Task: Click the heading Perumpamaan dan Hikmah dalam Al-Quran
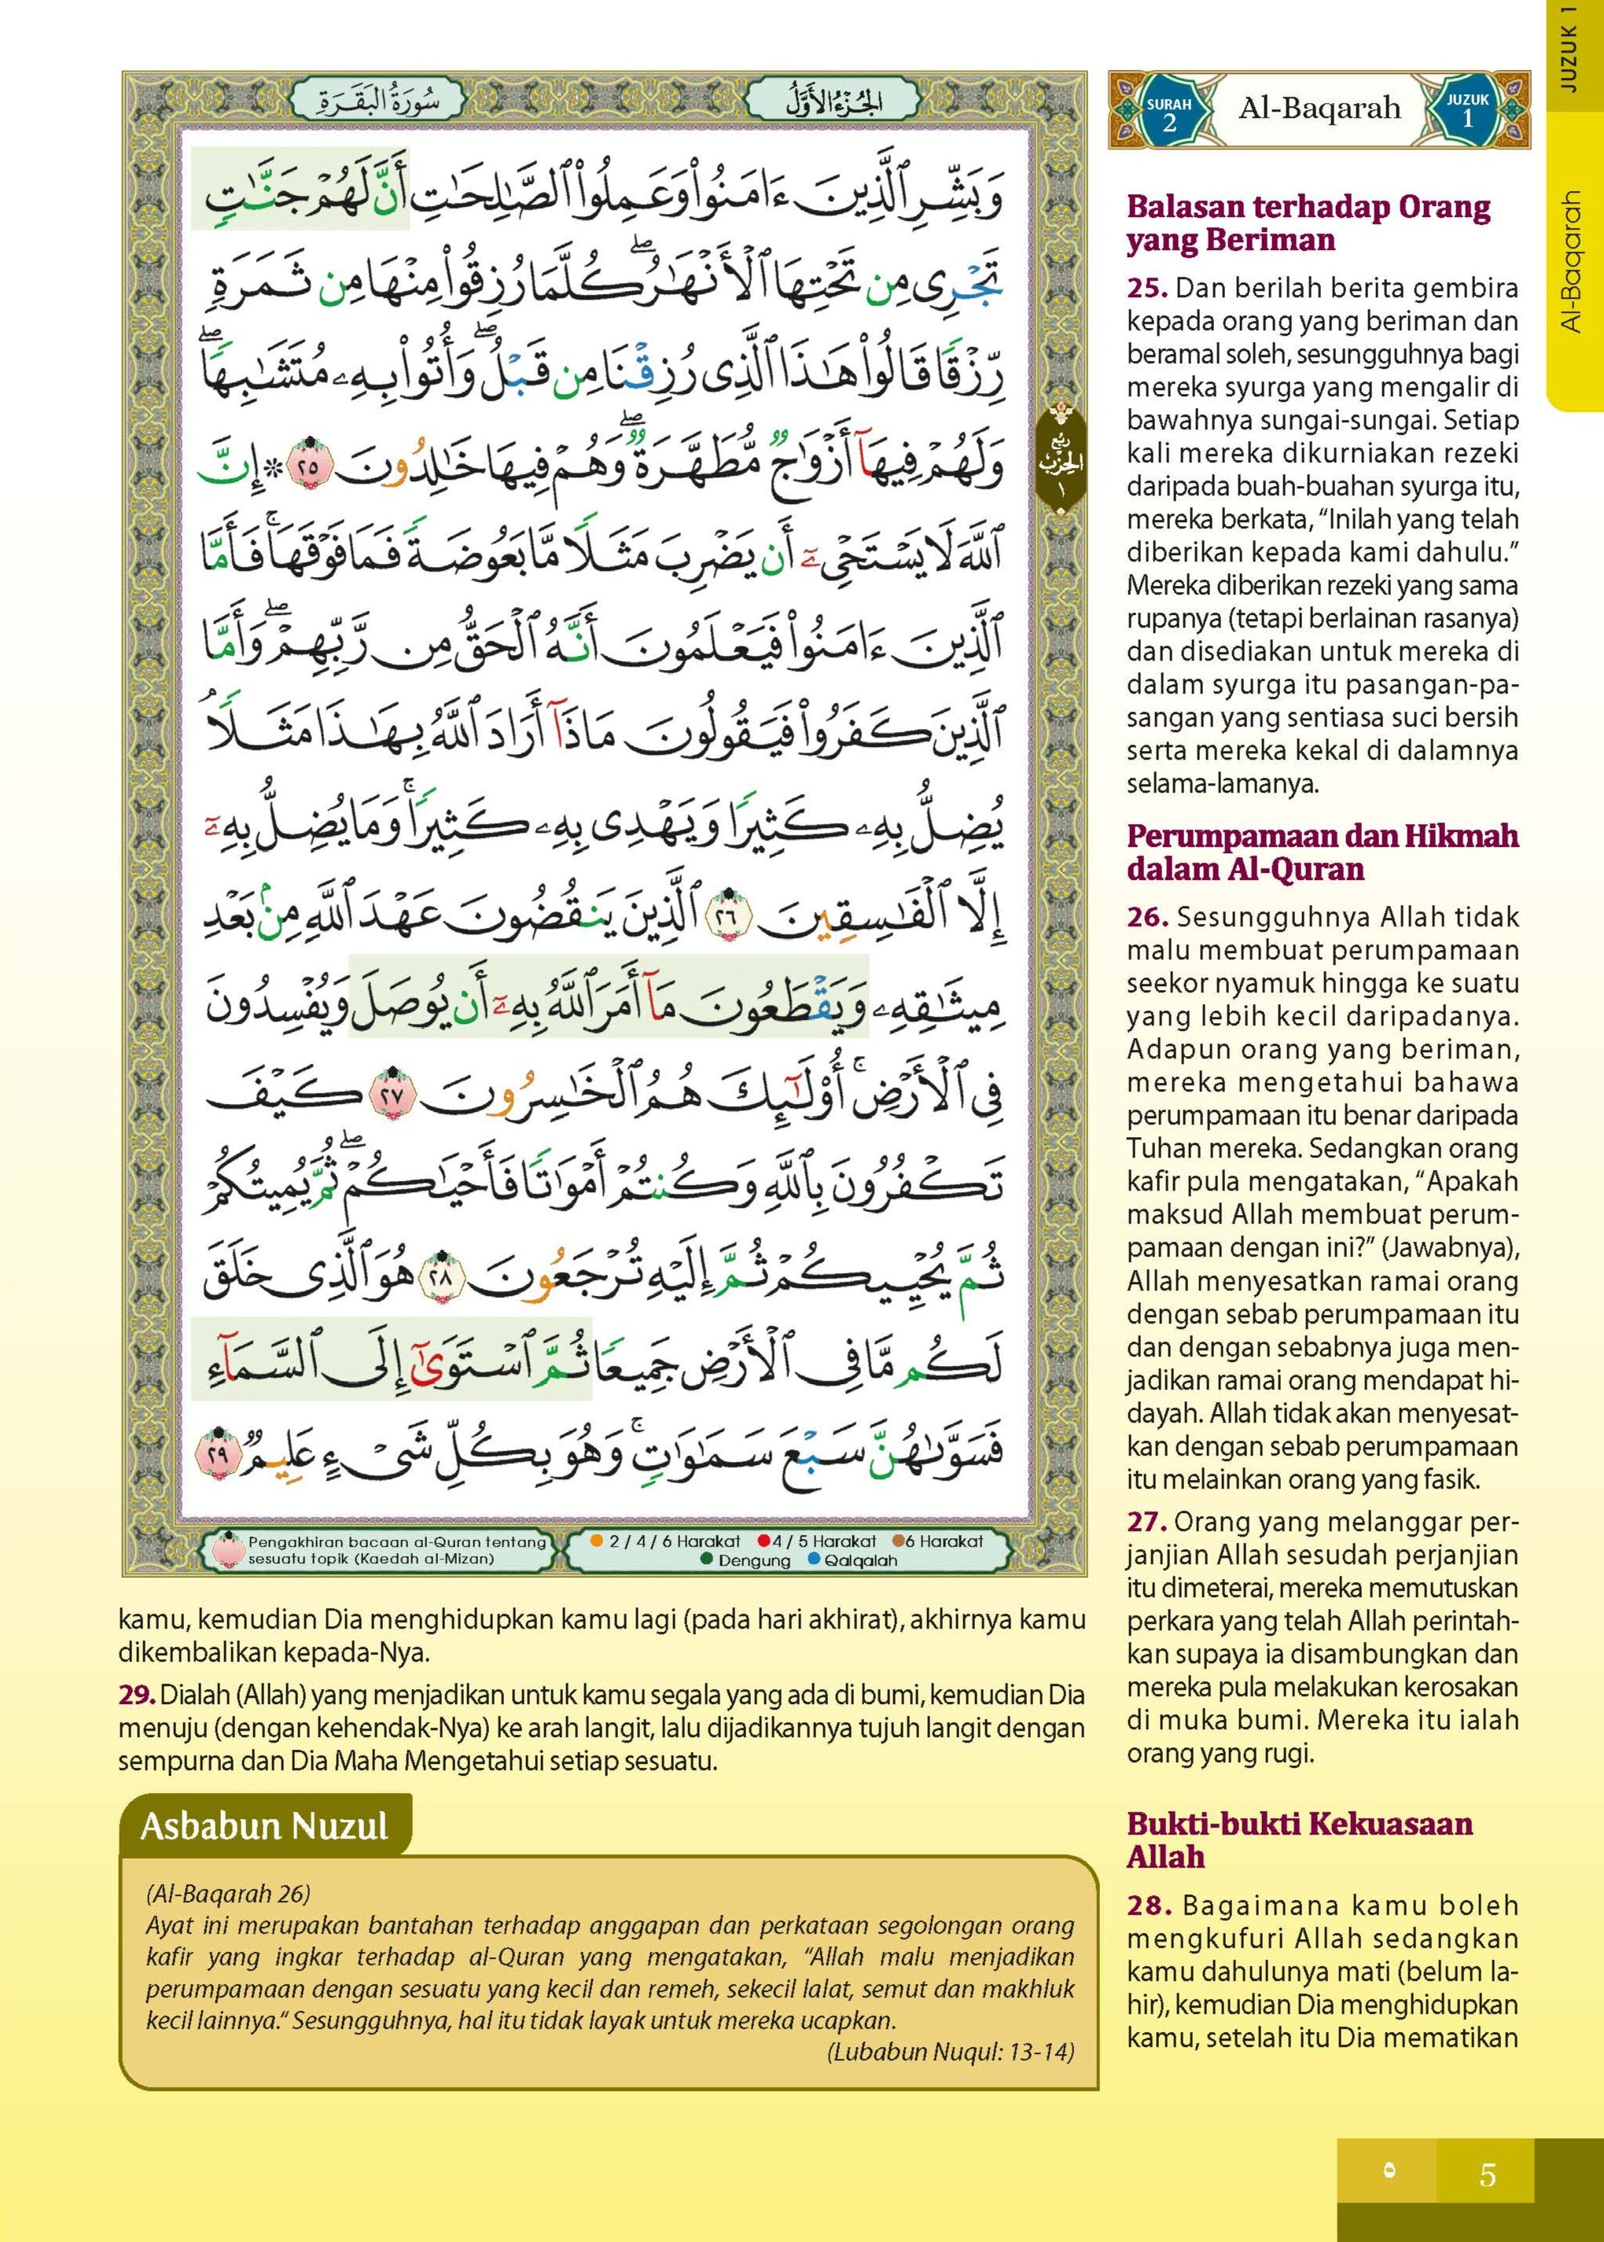pyautogui.click(x=1323, y=852)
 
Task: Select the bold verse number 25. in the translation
pyautogui.click(x=1148, y=289)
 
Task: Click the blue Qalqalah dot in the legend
pyautogui.click(x=814, y=1559)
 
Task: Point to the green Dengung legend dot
pyautogui.click(x=705, y=1559)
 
